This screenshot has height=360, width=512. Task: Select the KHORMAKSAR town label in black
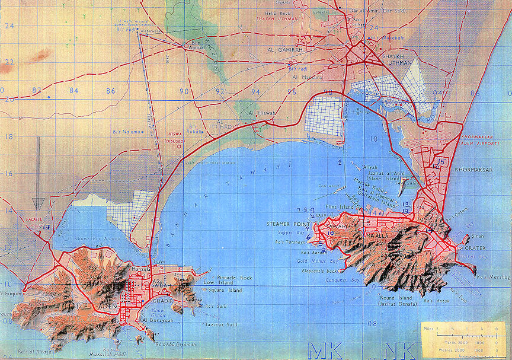[x=473, y=170]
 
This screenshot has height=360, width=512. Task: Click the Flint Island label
[x=338, y=206]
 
